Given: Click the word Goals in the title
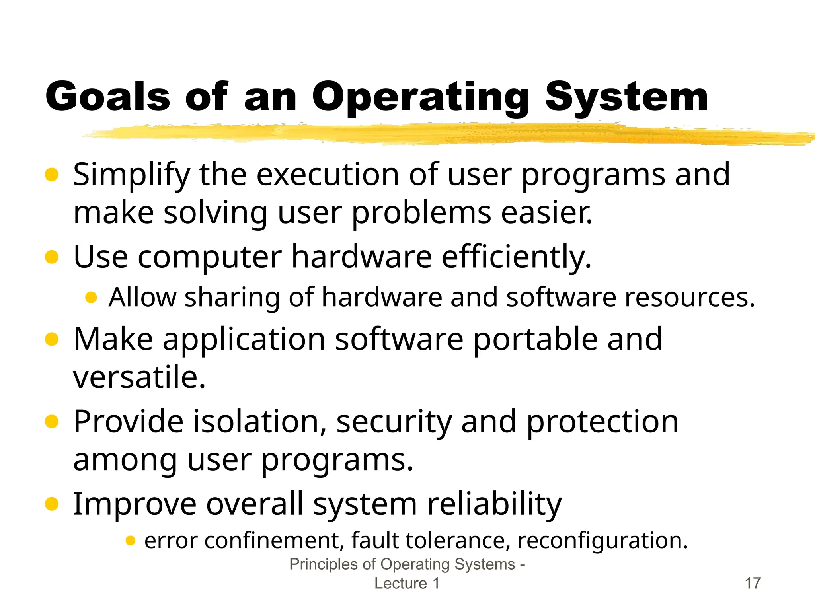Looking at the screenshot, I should tap(107, 96).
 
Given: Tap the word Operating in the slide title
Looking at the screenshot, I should tap(421, 97).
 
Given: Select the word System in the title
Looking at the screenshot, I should tap(626, 97).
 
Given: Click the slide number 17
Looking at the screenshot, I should tap(753, 583).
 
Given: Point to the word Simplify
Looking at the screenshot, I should tap(132, 175).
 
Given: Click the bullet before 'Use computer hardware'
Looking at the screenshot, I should tap(52, 257).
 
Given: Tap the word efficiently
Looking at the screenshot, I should tap(516, 257).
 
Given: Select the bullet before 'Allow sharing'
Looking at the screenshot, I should tap(91, 297).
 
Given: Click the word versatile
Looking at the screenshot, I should tap(139, 377).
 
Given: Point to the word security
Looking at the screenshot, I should tap(394, 422).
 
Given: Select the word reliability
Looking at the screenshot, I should tap(494, 505).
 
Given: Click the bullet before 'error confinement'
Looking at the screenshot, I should tap(130, 541).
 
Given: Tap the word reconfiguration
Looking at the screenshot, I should tap(602, 541).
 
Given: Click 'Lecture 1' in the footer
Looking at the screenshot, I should tap(407, 583).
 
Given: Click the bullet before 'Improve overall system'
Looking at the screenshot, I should tap(52, 504).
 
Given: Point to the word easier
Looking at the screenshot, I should tap(546, 213).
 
